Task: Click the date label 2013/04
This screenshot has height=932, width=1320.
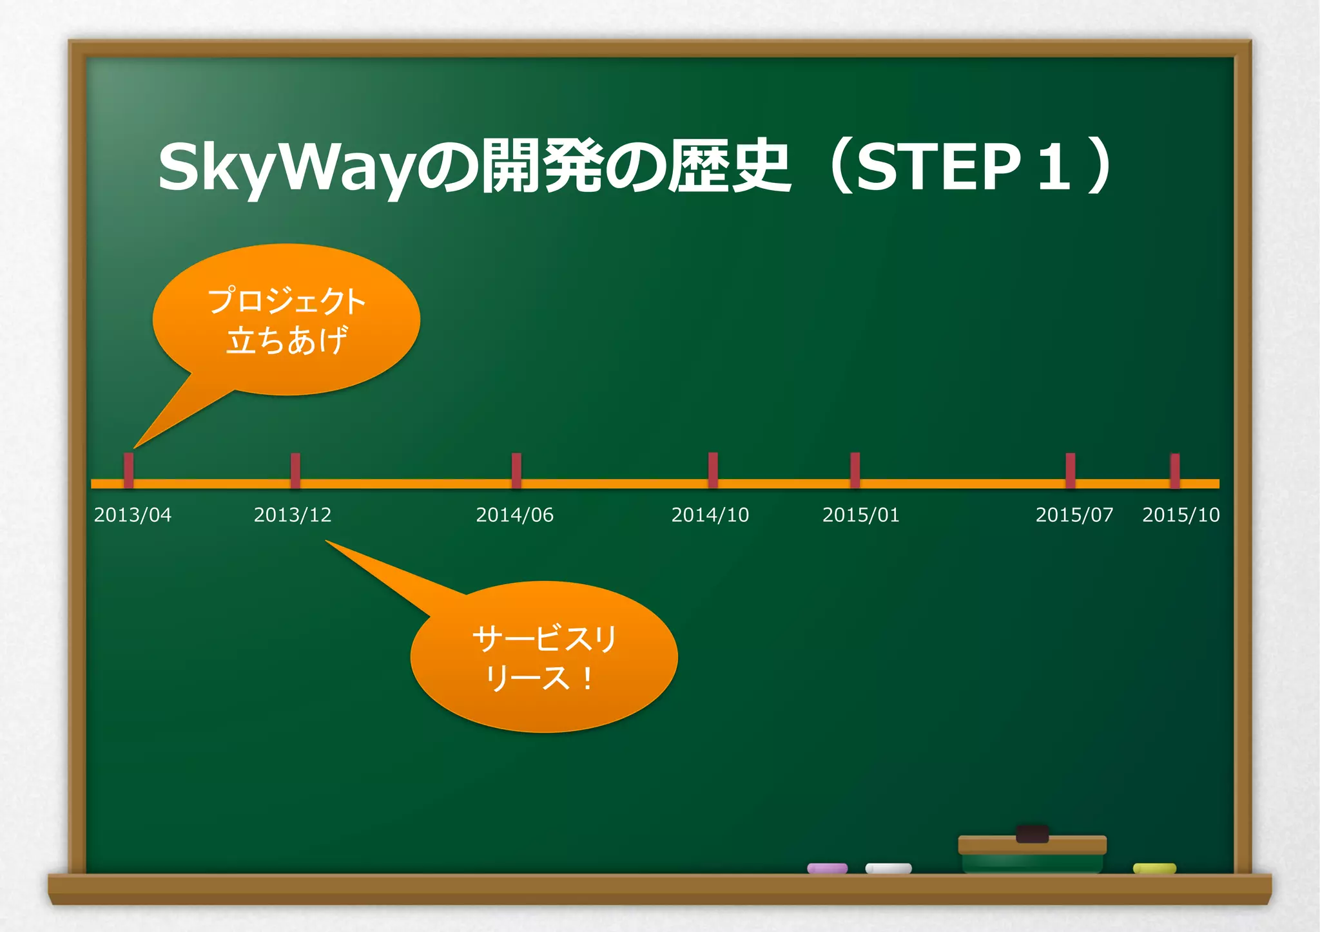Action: [133, 515]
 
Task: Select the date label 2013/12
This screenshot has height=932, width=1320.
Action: [293, 515]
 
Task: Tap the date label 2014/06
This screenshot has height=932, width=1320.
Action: [514, 515]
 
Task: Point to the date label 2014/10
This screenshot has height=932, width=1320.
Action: [710, 515]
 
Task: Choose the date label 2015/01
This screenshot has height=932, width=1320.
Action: [860, 515]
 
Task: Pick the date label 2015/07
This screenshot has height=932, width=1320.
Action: [1074, 515]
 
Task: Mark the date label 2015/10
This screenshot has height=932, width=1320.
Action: [1181, 515]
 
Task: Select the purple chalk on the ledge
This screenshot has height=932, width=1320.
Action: [828, 868]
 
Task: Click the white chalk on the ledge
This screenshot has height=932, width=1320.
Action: [888, 868]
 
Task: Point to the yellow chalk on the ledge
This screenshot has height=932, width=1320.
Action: [1154, 868]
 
